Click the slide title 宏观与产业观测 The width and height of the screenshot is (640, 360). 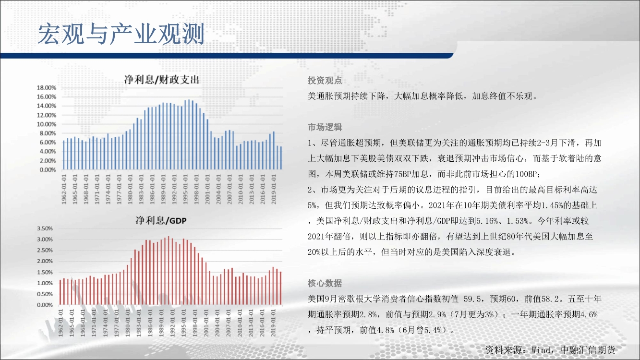tap(121, 34)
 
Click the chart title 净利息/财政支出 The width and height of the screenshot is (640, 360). tap(161, 80)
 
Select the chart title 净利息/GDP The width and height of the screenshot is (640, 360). tap(161, 220)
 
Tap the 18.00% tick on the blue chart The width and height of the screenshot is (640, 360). tap(46, 88)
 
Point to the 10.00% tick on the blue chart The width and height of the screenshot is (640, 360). tap(46, 124)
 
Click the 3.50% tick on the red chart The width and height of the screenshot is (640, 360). tap(45, 228)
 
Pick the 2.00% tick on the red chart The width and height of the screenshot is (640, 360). tap(45, 261)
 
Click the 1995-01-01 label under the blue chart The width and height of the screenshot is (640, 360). tap(185, 190)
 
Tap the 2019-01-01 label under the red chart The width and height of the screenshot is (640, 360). tap(273, 323)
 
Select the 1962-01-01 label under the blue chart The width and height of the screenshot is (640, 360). tap(64, 190)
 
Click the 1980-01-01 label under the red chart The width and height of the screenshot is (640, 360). tap(127, 323)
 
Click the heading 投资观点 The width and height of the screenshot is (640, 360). tap(325, 81)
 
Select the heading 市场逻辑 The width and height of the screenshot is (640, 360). tap(325, 127)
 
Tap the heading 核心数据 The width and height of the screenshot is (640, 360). tap(325, 283)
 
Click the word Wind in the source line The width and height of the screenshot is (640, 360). tap(541, 350)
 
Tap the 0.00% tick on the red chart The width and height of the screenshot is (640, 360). tap(45, 305)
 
